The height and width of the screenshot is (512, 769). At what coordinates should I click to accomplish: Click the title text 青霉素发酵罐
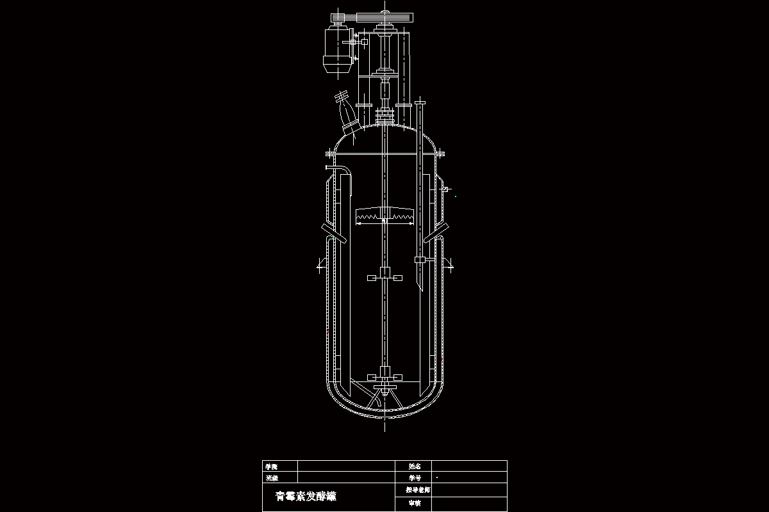coord(306,496)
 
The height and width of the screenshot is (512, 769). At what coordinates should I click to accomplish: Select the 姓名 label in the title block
coord(414,467)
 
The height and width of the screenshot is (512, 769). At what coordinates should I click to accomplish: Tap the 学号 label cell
coord(414,478)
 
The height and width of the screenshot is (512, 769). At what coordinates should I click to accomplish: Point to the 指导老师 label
coord(417,490)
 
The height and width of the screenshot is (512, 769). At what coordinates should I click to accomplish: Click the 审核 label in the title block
coord(414,503)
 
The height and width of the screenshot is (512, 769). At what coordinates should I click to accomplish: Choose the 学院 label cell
coord(272,467)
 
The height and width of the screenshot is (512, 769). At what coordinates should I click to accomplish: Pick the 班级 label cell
coord(272,478)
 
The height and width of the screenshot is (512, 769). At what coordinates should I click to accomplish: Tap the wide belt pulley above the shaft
coord(384,17)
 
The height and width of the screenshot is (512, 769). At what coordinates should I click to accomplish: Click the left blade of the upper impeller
coord(371,278)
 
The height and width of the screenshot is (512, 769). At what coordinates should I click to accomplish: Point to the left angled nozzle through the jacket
coord(333,234)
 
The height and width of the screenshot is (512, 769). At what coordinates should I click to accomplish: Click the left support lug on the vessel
coord(322,264)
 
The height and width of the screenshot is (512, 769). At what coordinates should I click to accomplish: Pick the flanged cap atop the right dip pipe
coord(420,102)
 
